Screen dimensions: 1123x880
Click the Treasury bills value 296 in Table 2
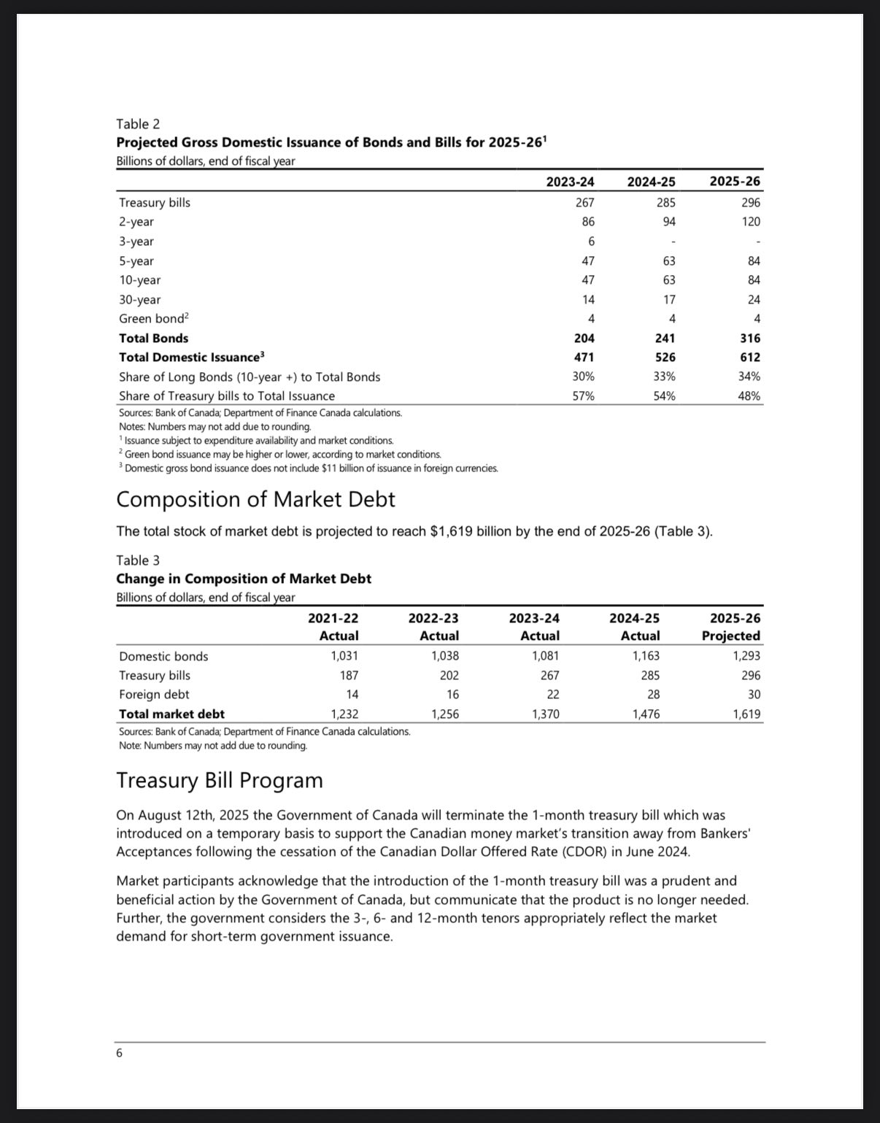[x=750, y=202]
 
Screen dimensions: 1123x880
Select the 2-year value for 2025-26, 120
[x=750, y=222]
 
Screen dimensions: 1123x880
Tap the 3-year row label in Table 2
[x=136, y=242]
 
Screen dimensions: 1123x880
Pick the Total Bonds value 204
[x=584, y=338]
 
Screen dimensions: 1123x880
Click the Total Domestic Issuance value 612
[x=749, y=357]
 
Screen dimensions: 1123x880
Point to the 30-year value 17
[x=668, y=299]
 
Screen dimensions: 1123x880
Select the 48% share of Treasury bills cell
[x=749, y=396]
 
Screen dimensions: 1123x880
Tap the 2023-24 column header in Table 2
[x=570, y=181]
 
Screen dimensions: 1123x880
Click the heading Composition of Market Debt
[x=255, y=499]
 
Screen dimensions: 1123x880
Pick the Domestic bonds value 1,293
[x=746, y=656]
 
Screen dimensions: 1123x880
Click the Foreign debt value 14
[x=351, y=695]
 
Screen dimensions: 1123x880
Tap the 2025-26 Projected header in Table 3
[x=730, y=627]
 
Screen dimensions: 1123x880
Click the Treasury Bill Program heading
[x=220, y=780]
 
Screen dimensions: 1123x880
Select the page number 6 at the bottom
[x=119, y=1053]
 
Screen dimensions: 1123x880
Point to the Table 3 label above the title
[x=138, y=560]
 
